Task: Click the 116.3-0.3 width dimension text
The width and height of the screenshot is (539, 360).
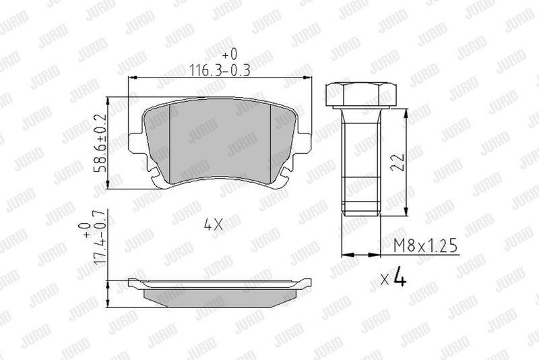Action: (220, 70)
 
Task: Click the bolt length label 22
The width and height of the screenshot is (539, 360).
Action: (398, 162)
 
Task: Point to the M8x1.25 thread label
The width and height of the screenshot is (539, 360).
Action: (426, 246)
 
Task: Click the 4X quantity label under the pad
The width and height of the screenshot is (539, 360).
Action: (214, 224)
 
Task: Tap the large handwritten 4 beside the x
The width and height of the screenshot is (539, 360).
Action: (400, 276)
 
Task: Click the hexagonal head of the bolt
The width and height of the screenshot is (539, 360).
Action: (361, 94)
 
